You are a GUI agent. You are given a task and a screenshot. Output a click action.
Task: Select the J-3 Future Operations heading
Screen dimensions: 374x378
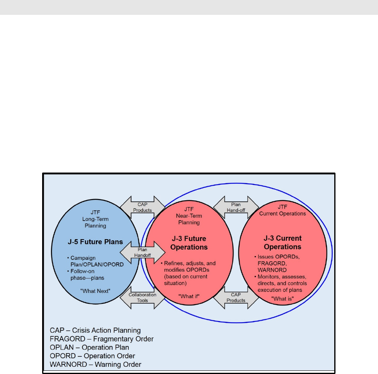point(189,243)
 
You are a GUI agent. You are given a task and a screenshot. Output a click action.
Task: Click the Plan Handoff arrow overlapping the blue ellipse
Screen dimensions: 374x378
point(142,252)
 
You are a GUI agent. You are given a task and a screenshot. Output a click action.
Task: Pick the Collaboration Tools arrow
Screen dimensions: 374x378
point(142,297)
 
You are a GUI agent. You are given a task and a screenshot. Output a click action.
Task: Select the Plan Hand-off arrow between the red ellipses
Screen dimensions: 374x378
point(236,207)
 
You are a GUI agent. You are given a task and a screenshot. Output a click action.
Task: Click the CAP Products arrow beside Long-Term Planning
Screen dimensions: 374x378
point(142,207)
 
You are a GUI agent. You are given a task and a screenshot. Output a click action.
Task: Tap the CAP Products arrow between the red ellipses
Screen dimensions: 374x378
point(236,297)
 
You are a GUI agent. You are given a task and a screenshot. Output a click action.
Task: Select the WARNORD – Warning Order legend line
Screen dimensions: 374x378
point(96,364)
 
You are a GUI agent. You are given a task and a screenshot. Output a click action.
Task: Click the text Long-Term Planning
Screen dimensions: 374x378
point(95,222)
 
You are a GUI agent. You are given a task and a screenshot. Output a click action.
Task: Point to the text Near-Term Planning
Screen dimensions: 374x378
point(189,219)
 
